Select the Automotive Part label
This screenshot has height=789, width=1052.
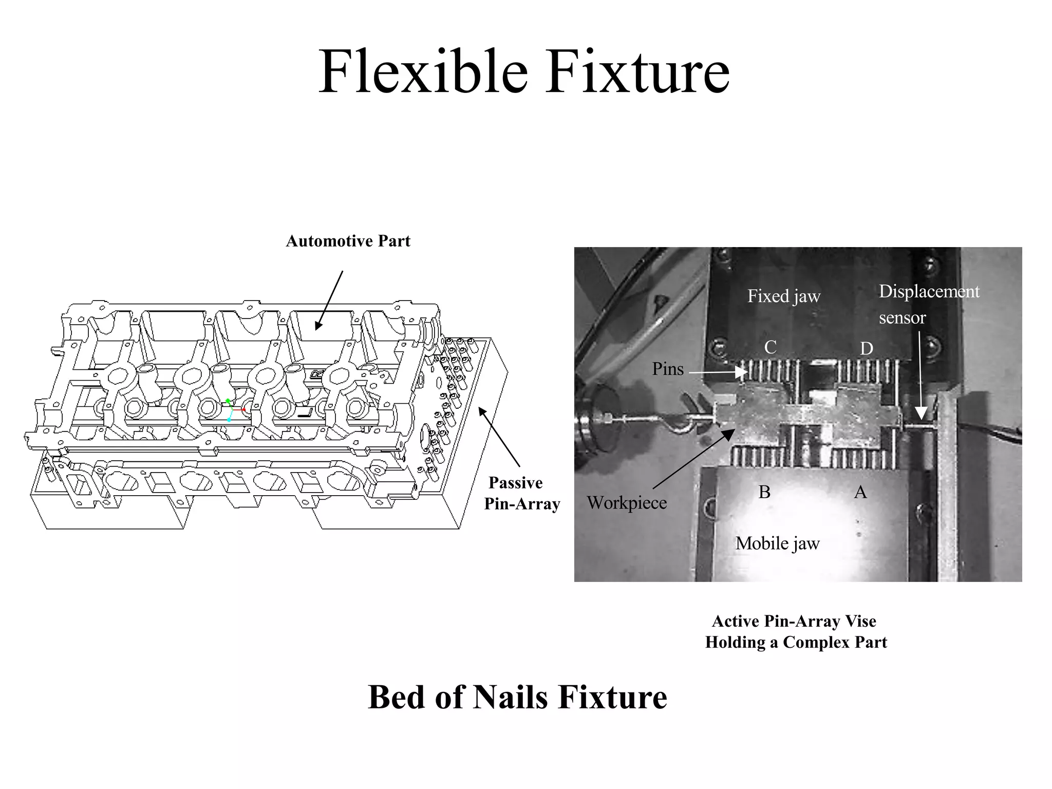[348, 241]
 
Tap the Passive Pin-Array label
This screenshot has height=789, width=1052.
[521, 493]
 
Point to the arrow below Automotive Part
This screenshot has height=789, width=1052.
[329, 300]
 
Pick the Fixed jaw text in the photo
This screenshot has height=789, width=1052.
[783, 296]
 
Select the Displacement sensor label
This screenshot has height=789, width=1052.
[929, 304]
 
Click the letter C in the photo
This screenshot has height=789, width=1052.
[770, 348]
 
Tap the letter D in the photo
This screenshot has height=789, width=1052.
[867, 349]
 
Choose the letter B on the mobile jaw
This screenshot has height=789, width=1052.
[764, 492]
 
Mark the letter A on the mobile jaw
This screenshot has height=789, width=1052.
[860, 493]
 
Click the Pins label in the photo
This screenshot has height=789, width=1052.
[668, 369]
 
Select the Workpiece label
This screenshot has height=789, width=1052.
[627, 502]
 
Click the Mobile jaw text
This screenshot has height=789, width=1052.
[777, 543]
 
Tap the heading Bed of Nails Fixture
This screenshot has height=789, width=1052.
[517, 698]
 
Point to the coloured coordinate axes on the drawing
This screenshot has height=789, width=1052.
[232, 410]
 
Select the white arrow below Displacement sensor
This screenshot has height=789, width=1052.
[920, 375]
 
